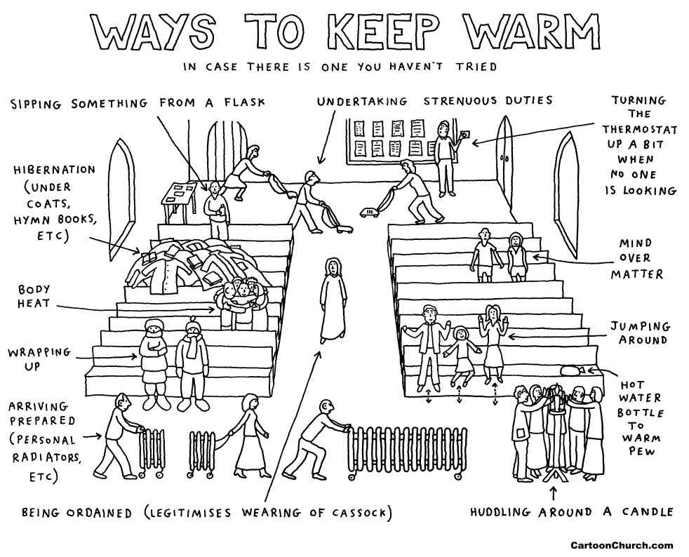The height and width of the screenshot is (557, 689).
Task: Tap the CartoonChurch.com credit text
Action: point(621,544)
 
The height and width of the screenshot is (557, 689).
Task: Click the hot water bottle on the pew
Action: point(572,369)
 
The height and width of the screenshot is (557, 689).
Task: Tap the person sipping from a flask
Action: point(216,209)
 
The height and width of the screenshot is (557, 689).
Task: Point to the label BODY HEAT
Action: point(32,297)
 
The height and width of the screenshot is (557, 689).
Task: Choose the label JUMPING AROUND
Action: point(639,333)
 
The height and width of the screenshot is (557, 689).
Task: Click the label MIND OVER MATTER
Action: point(636,259)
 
